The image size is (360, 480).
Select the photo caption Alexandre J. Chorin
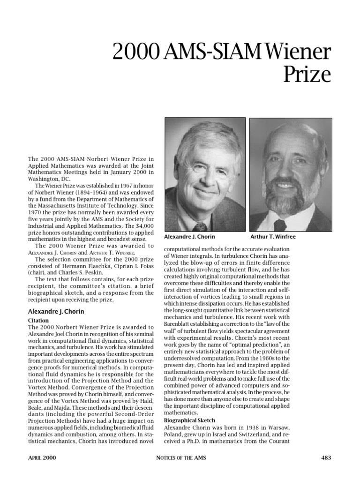(189, 237)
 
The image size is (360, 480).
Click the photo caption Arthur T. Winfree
(273, 237)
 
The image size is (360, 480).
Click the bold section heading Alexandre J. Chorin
(56, 311)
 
